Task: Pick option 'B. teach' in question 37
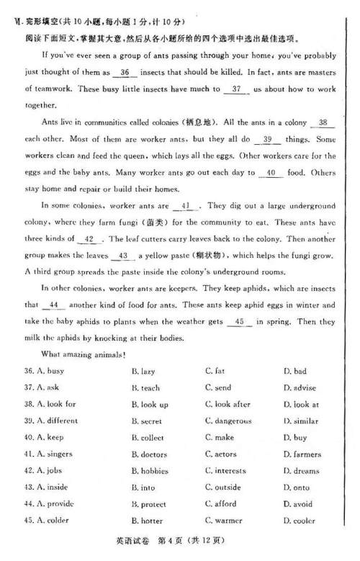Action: pyautogui.click(x=146, y=387)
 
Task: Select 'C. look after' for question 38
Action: pyautogui.click(x=228, y=404)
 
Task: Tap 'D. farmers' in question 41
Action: pyautogui.click(x=302, y=454)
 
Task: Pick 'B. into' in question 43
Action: pyautogui.click(x=144, y=488)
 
